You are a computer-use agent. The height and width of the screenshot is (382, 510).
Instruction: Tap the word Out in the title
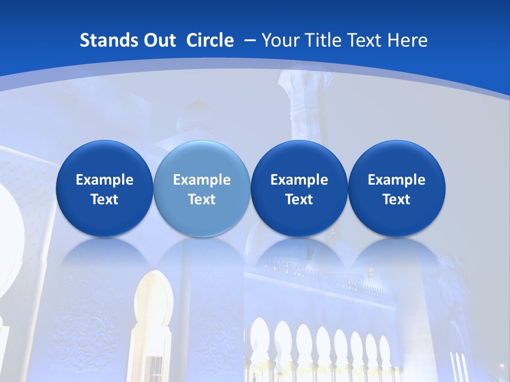pos(158,40)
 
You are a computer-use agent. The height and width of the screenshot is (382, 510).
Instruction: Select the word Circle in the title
pos(210,40)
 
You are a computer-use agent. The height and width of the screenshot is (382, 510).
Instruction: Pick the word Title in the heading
pos(321,40)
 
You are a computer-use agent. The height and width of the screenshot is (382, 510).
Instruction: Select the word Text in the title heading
pos(363,40)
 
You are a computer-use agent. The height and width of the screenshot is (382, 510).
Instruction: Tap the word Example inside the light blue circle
pos(202,180)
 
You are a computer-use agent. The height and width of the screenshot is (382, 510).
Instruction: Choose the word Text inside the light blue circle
pos(202,199)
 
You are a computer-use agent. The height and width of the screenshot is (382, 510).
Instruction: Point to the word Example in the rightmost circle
pos(396,180)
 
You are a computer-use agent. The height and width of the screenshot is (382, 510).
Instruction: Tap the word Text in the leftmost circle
pos(104,199)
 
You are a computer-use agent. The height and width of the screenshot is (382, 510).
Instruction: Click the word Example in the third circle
pos(299,180)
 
